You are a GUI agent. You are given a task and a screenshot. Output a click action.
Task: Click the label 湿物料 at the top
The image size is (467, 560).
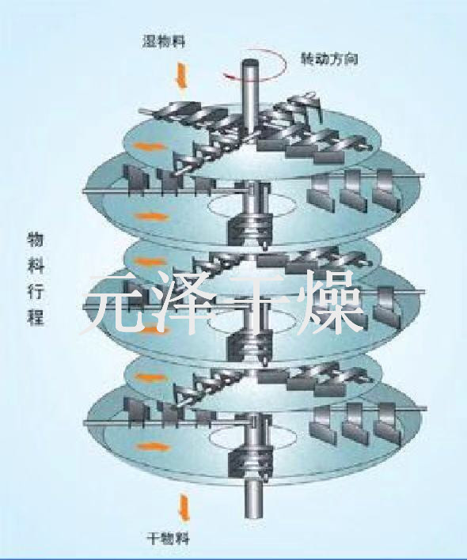[164, 41]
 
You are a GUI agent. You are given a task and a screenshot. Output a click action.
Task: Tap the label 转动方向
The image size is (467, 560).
[328, 59]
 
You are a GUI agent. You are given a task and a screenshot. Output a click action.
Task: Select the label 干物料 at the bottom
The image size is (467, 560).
[169, 538]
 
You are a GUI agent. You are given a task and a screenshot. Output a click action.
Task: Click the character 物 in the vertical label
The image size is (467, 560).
[36, 239]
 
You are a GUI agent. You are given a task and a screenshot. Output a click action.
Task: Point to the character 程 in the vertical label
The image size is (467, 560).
[36, 317]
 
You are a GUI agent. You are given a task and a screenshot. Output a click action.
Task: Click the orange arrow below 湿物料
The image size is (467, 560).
[182, 78]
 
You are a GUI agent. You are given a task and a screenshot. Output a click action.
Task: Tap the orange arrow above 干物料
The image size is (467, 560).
[184, 508]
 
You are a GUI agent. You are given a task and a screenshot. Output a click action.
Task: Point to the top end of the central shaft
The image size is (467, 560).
[250, 62]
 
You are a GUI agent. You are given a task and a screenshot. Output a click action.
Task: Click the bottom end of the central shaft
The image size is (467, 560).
[253, 516]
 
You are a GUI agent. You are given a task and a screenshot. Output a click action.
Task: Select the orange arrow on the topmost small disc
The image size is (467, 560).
[149, 146]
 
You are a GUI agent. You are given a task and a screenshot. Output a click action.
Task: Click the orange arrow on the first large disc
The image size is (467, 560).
[151, 217]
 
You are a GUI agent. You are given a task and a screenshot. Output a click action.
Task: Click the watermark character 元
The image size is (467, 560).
[114, 302]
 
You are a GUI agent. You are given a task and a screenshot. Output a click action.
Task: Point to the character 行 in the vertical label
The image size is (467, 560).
[36, 291]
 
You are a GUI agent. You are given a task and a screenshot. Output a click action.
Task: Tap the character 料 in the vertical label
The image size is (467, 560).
[36, 265]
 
